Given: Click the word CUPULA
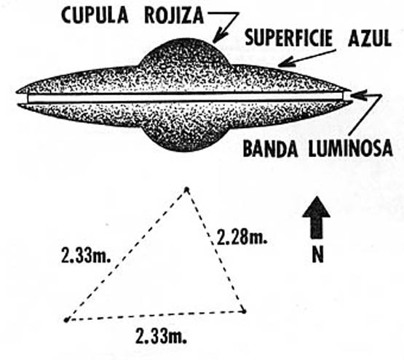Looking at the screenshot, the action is point(95,15).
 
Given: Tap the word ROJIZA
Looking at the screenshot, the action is point(174,15).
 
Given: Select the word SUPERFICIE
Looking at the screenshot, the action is point(288,38).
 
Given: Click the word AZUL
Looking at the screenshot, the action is point(370,38).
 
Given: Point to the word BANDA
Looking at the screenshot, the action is point(270,148).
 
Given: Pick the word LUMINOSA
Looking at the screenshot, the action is point(351,148).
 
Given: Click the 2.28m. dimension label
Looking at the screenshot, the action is point(242,237).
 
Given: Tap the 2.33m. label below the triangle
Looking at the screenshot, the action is point(161,336).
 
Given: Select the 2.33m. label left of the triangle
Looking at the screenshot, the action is point(86,255).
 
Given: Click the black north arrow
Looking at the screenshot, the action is point(317,217).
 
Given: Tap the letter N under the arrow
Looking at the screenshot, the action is point(317,255).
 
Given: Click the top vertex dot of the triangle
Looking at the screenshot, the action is point(187,190).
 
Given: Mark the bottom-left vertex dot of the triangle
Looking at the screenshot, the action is point(66,320).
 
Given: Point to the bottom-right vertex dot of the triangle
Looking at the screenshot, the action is point(244,311).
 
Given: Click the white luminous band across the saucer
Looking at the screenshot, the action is point(185,98).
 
